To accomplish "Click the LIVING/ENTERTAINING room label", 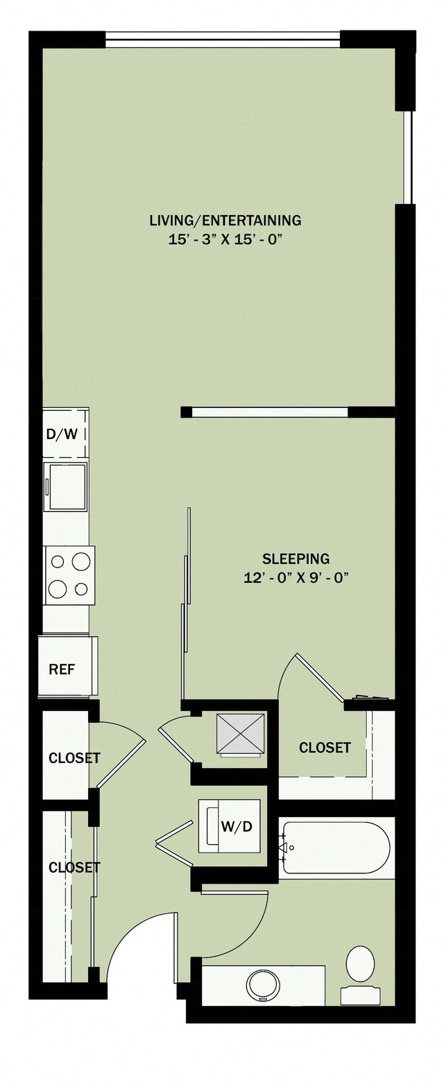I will click(x=225, y=221).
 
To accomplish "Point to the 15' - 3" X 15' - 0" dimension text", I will click(x=225, y=240).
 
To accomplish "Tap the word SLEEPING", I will click(x=296, y=558).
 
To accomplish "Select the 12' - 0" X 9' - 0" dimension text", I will click(x=296, y=577).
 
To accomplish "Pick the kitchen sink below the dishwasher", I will click(x=66, y=487).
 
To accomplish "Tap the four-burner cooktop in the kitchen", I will click(x=69, y=574).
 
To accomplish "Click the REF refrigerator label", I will click(x=61, y=669).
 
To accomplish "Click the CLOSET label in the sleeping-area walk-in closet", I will click(x=325, y=747).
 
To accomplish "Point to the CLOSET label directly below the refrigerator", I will click(x=74, y=758).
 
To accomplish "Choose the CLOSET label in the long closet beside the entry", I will click(x=74, y=867).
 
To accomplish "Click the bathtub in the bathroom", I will click(x=335, y=847).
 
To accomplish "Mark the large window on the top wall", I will click(x=223, y=39).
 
